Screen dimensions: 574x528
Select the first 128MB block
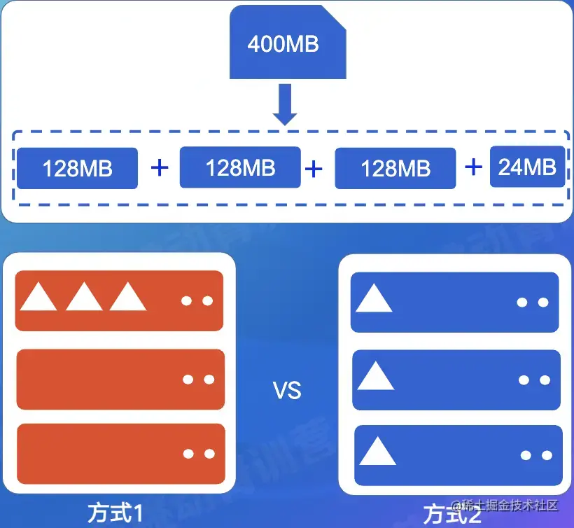click(77, 169)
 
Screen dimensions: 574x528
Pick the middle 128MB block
click(240, 167)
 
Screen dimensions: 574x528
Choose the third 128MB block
click(395, 168)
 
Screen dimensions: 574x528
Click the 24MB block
click(527, 167)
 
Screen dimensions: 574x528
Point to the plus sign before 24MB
click(474, 167)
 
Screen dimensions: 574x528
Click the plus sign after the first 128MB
click(160, 167)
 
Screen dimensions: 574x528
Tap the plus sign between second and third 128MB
click(314, 168)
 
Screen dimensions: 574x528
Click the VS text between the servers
click(287, 390)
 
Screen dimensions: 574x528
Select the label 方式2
click(452, 515)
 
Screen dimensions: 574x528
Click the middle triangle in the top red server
click(84, 298)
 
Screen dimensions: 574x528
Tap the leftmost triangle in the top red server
click(38, 298)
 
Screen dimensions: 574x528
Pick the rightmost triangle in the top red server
click(128, 298)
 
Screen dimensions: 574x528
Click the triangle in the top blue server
click(374, 299)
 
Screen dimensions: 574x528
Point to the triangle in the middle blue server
click(375, 377)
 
